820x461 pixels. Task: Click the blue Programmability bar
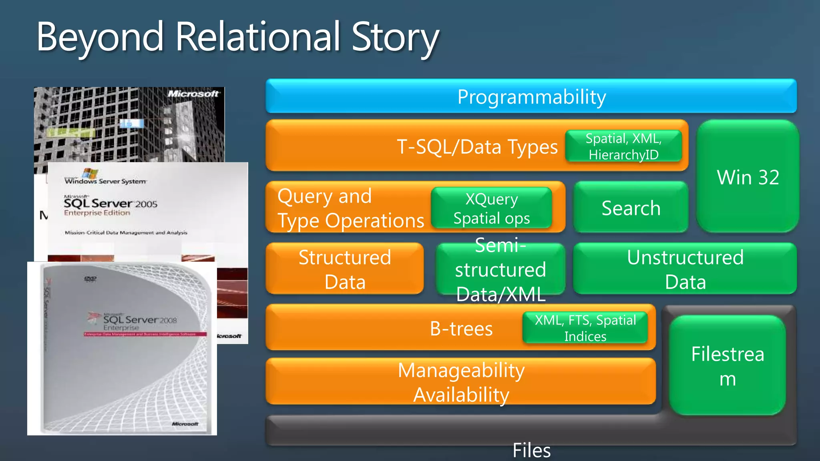click(531, 96)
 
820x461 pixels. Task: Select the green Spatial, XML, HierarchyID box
click(623, 146)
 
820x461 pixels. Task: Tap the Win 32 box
click(748, 177)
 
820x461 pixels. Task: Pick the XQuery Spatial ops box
click(491, 208)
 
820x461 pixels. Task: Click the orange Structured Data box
click(344, 269)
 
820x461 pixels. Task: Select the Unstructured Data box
click(685, 269)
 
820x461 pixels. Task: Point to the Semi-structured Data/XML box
click(500, 269)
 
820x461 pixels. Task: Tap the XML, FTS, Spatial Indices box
click(585, 328)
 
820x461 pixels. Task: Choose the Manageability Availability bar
click(460, 382)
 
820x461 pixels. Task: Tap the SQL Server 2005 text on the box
click(111, 204)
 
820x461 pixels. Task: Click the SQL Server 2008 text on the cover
click(139, 320)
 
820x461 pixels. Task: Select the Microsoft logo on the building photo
click(193, 94)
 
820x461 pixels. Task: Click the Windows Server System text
click(106, 181)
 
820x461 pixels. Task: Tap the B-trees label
click(461, 329)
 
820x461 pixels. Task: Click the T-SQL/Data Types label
click(477, 146)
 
